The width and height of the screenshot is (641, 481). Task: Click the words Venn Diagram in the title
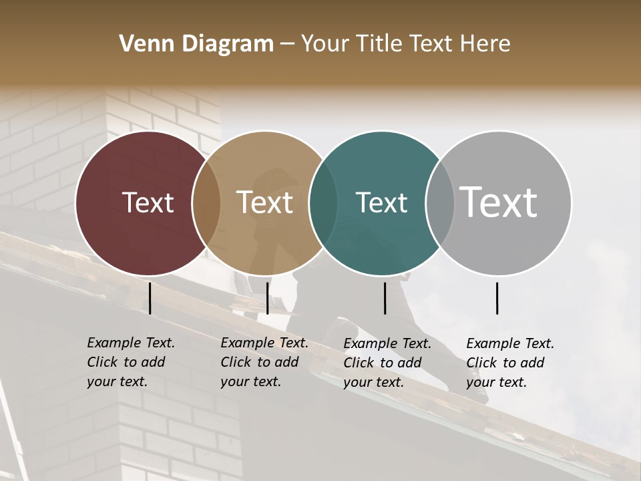[196, 44]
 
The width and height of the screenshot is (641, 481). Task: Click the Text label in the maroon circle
[148, 202]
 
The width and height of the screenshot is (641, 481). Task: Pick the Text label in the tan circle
[264, 202]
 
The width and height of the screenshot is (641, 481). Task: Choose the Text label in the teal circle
[381, 202]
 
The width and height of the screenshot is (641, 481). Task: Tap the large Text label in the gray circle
[498, 202]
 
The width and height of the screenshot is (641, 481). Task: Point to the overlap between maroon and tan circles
[206, 202]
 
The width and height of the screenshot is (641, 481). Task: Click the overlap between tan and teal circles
[323, 202]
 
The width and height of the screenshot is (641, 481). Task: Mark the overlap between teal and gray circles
[440, 202]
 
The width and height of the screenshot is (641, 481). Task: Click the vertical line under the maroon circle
[150, 298]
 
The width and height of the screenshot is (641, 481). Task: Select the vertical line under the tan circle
[267, 298]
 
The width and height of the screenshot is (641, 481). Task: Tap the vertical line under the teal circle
[385, 298]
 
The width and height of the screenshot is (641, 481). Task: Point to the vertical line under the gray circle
[497, 298]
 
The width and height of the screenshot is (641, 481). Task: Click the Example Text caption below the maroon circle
[131, 362]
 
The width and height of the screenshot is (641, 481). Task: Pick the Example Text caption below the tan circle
[264, 362]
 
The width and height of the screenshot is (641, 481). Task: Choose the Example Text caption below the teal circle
[387, 363]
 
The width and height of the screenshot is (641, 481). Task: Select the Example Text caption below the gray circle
[510, 363]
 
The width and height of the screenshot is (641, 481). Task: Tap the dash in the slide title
[287, 44]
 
